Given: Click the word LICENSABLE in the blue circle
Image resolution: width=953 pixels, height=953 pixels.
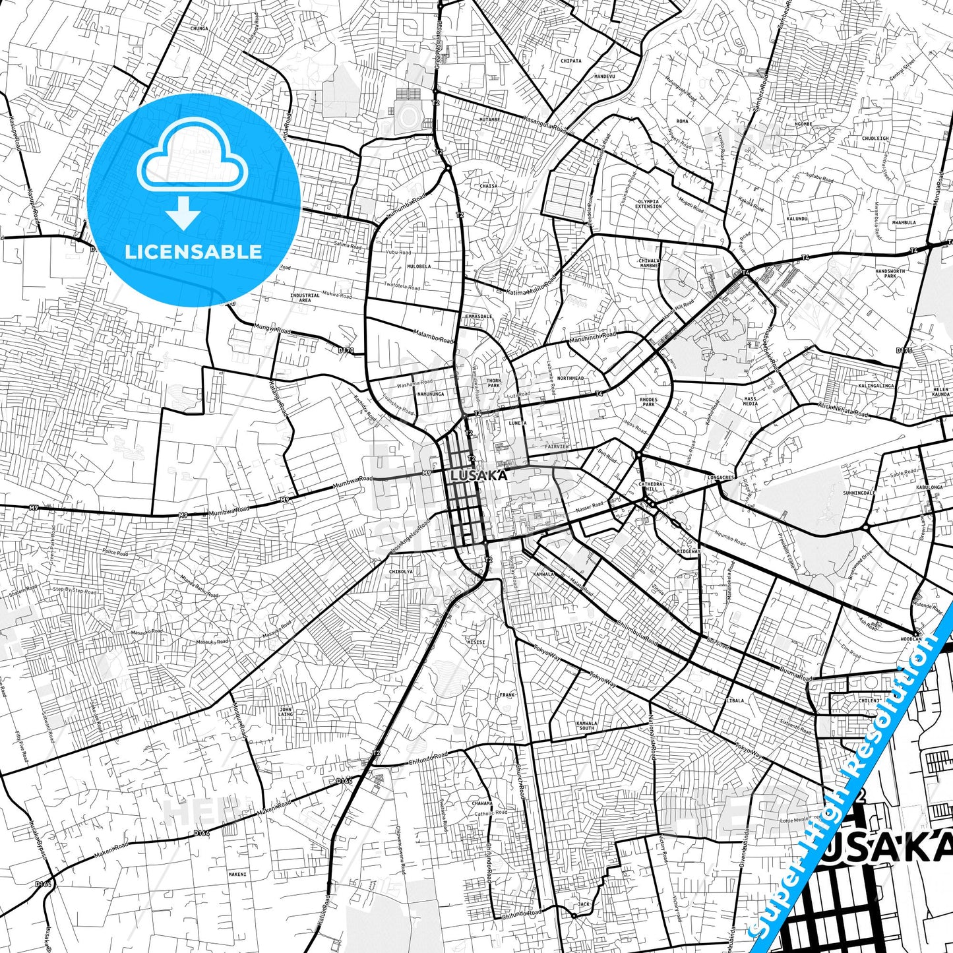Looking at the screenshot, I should point(193,252).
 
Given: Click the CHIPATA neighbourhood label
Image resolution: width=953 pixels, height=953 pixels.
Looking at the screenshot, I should point(570,61).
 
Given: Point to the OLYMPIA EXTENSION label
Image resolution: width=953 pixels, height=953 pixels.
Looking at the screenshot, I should point(648,204).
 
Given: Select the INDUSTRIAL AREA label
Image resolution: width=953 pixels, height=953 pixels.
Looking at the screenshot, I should point(305,297).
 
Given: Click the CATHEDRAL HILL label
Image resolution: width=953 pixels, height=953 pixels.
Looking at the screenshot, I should point(652,487).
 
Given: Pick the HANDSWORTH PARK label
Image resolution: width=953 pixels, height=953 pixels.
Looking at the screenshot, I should point(890,273).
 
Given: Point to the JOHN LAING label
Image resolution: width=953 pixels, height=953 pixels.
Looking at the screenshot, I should point(286,712).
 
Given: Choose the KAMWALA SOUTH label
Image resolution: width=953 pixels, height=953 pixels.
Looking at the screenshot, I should point(586,725).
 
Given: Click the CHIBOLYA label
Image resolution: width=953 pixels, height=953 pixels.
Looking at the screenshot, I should point(401,572).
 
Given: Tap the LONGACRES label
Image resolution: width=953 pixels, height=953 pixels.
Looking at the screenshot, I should point(721,477).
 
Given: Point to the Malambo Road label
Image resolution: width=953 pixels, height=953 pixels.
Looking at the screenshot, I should point(433,336).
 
